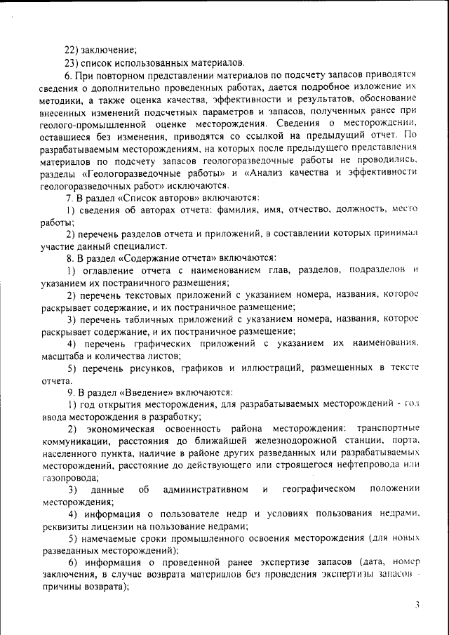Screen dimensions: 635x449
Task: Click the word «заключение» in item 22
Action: pos(108,49)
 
